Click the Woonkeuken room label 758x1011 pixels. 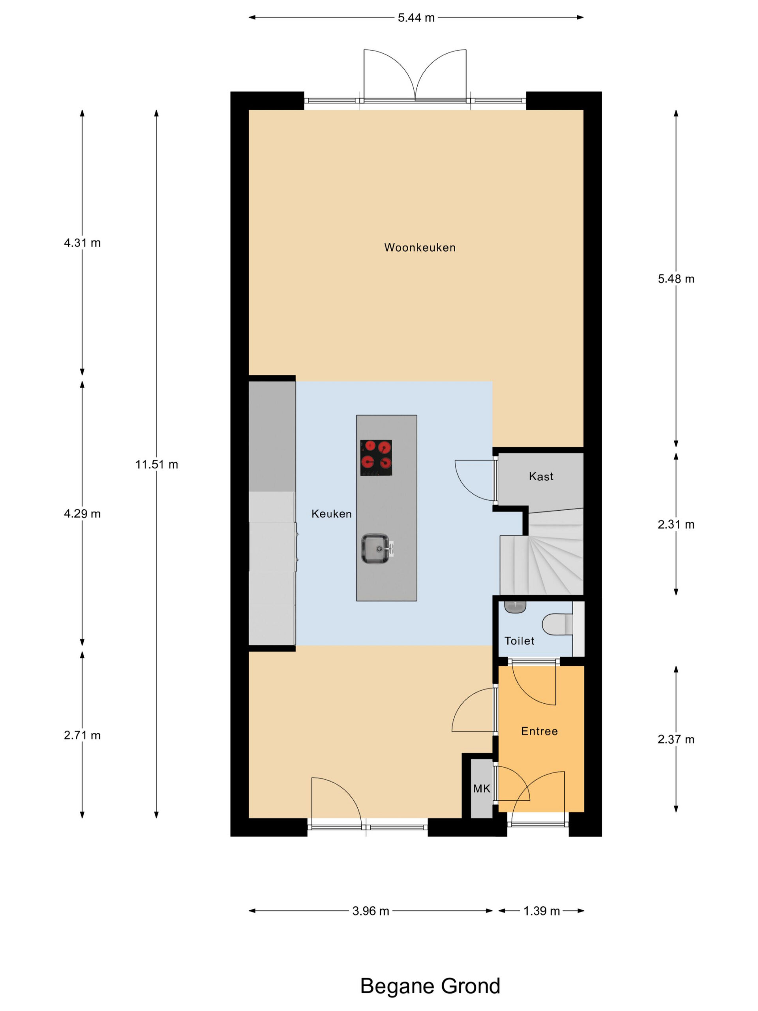[x=419, y=247]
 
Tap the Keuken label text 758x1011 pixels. [x=331, y=514]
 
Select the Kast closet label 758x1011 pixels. [x=541, y=476]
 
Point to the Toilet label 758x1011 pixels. [x=519, y=641]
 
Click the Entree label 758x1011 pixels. [x=539, y=731]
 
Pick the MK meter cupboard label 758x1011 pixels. [x=482, y=788]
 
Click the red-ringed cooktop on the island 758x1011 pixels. [x=376, y=457]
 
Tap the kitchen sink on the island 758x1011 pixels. [x=375, y=549]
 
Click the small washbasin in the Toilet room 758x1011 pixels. [x=515, y=607]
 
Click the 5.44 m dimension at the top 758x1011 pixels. [x=416, y=18]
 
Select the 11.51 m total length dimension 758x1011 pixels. [x=156, y=464]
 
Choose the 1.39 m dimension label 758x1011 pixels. [x=541, y=911]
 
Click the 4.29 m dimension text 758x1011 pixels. [x=82, y=514]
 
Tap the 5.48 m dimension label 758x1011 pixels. [x=676, y=279]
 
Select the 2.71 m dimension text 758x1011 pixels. [x=82, y=735]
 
